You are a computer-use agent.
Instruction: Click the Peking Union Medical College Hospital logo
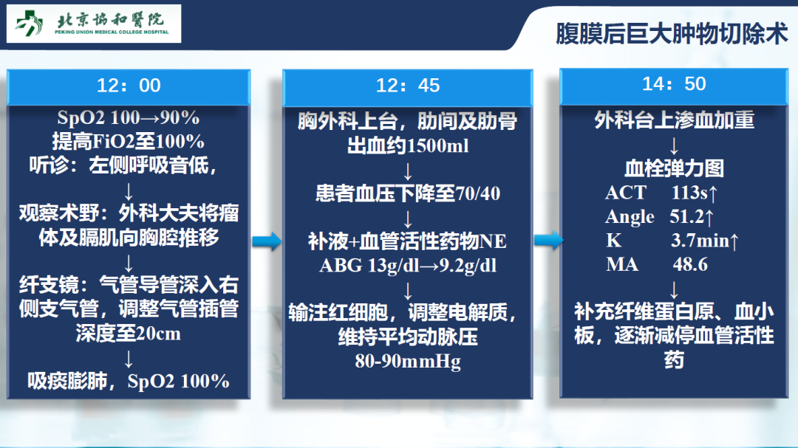pyautogui.click(x=94, y=24)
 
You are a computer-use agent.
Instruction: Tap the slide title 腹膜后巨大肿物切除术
pyautogui.click(x=672, y=34)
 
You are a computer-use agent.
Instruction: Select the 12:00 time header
pyautogui.click(x=129, y=86)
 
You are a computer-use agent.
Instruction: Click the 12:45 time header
pyautogui.click(x=408, y=86)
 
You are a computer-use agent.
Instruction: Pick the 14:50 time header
pyautogui.click(x=674, y=84)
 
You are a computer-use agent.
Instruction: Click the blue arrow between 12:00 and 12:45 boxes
pyautogui.click(x=267, y=241)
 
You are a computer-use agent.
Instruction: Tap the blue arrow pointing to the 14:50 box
pyautogui.click(x=548, y=240)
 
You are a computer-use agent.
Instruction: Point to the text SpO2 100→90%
pyautogui.click(x=129, y=118)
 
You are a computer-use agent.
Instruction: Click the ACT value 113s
pyautogui.click(x=689, y=193)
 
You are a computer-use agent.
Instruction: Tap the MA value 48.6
pyautogui.click(x=690, y=264)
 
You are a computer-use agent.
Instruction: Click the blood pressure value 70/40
pyautogui.click(x=478, y=194)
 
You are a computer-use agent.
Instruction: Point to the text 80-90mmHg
pyautogui.click(x=408, y=362)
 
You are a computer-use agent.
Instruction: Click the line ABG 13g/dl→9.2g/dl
pyautogui.click(x=408, y=266)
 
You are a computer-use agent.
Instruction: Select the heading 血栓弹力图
pyautogui.click(x=674, y=168)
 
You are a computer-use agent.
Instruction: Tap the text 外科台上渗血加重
pyautogui.click(x=674, y=120)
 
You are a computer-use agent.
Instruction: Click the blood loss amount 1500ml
pyautogui.click(x=437, y=146)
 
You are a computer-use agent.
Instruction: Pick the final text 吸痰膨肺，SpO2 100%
pyautogui.click(x=129, y=381)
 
